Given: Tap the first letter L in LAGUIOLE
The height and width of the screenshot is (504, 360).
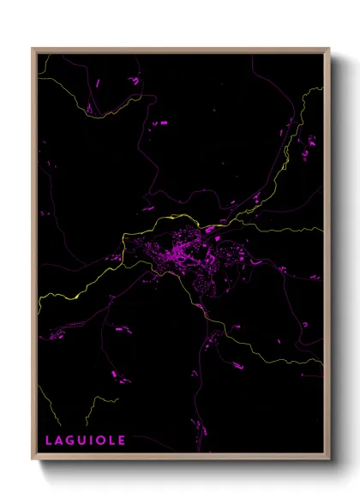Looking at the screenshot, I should pyautogui.click(x=48, y=440).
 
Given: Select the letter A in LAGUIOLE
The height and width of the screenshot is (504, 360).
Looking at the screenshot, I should pyautogui.click(x=58, y=440).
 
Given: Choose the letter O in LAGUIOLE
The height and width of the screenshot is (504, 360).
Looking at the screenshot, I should pyautogui.click(x=101, y=440).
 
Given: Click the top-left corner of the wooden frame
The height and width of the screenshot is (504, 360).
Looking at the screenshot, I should pyautogui.click(x=33, y=49).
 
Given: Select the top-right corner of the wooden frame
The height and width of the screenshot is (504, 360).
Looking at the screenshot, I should pyautogui.click(x=329, y=49).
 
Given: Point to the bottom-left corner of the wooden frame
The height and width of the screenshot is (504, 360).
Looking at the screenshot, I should pyautogui.click(x=33, y=459).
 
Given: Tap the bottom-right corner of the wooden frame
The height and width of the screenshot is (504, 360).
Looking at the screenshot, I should pyautogui.click(x=329, y=459).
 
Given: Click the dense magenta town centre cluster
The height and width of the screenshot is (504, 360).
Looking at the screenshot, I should pyautogui.click(x=184, y=253).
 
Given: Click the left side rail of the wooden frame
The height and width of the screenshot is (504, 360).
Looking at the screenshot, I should pyautogui.click(x=34, y=257).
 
